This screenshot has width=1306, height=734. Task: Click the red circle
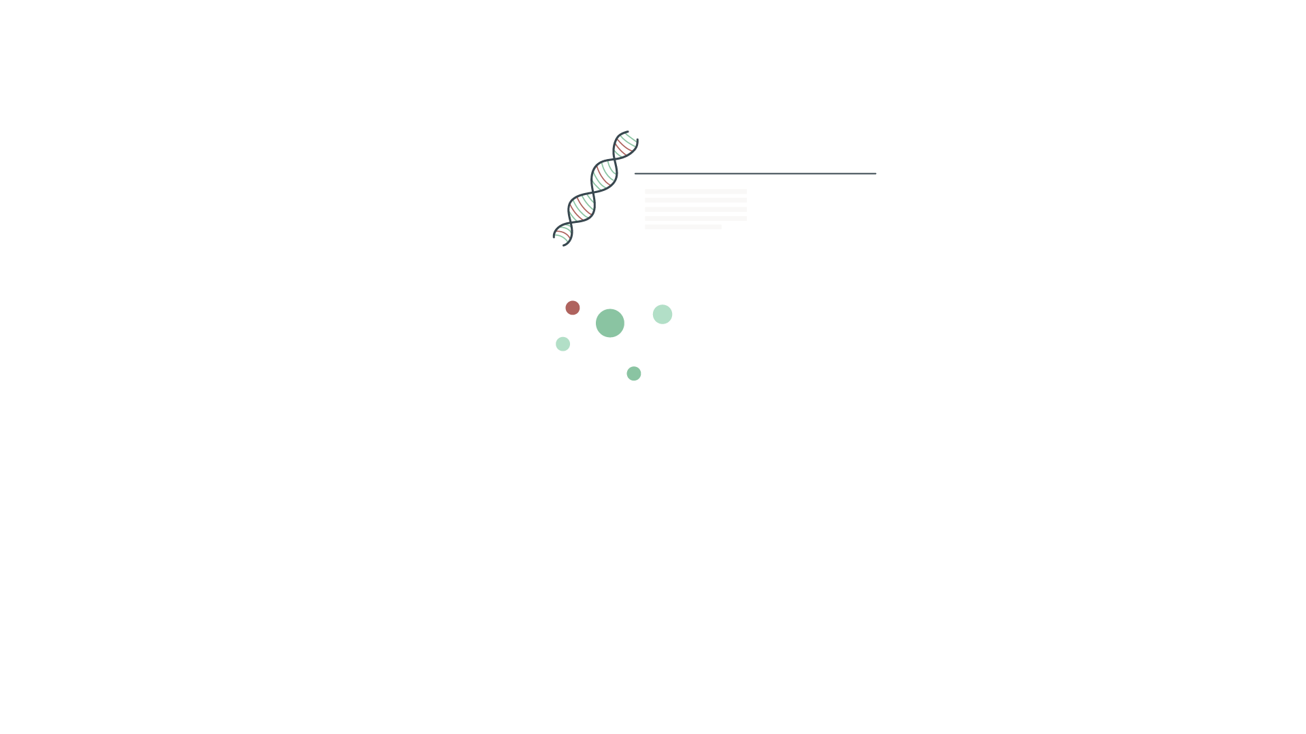[x=573, y=308]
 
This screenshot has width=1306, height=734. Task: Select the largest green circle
[x=610, y=323]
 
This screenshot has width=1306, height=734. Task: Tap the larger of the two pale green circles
[x=663, y=314]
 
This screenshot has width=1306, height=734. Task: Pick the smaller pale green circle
[x=563, y=344]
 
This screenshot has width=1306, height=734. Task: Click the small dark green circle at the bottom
[x=634, y=374]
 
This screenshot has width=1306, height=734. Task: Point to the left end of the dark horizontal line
[x=635, y=173]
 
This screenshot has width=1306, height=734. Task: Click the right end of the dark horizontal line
[x=875, y=173]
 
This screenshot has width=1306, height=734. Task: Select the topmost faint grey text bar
[x=695, y=192]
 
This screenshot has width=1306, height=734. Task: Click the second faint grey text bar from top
[x=695, y=200]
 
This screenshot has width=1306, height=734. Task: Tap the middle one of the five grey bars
[x=695, y=209]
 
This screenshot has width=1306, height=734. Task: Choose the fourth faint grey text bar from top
[x=695, y=218]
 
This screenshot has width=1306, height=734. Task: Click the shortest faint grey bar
[x=683, y=227]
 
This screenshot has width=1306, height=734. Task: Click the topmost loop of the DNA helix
[x=626, y=145]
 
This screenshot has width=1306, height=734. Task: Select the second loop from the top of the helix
[x=604, y=175]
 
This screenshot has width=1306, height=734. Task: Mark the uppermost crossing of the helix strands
[x=615, y=160]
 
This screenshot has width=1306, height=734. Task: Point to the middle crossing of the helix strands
[x=593, y=193]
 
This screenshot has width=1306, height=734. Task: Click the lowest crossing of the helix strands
[x=571, y=222]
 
